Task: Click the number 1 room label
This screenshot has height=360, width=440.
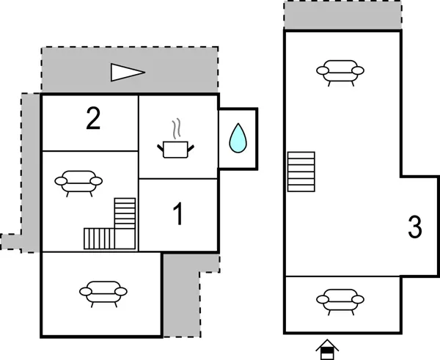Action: [177, 216]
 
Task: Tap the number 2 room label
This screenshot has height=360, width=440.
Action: [92, 119]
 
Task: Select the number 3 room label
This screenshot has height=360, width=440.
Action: [415, 228]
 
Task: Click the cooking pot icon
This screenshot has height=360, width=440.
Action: [176, 149]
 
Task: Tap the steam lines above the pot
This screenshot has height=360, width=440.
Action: [175, 130]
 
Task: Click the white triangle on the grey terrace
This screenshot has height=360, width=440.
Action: [127, 72]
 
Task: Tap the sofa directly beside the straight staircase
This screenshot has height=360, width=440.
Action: [340, 72]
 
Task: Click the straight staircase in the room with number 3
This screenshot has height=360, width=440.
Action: [301, 172]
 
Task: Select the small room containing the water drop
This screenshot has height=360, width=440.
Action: [238, 139]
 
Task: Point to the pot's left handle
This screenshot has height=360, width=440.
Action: [161, 148]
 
